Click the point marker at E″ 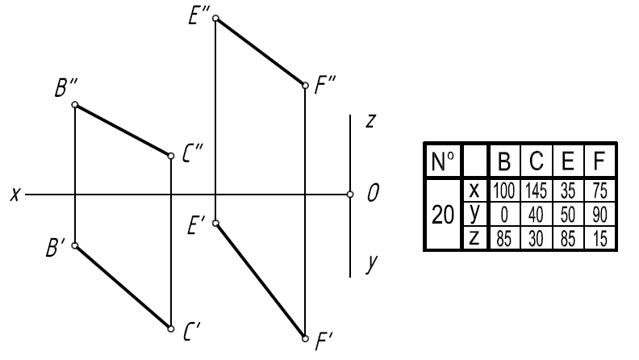pyautogui.click(x=216, y=18)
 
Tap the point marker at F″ pyautogui.click(x=305, y=86)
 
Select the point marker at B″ pyautogui.click(x=75, y=105)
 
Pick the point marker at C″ pyautogui.click(x=171, y=156)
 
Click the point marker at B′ pyautogui.click(x=75, y=245)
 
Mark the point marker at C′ pyautogui.click(x=171, y=329)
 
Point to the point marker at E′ pyautogui.click(x=216, y=223)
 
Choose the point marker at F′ pyautogui.click(x=305, y=338)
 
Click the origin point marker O pyautogui.click(x=350, y=195)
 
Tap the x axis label pyautogui.click(x=15, y=195)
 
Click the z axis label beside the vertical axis pyautogui.click(x=370, y=121)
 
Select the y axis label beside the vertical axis pyautogui.click(x=372, y=263)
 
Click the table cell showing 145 pyautogui.click(x=536, y=190)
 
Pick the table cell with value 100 pyautogui.click(x=504, y=190)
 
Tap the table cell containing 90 pyautogui.click(x=599, y=215)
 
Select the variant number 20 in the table pyautogui.click(x=443, y=215)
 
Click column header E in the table pyautogui.click(x=568, y=161)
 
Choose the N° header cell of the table pyautogui.click(x=443, y=161)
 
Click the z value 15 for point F pyautogui.click(x=599, y=238)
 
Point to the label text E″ pyautogui.click(x=198, y=17)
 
